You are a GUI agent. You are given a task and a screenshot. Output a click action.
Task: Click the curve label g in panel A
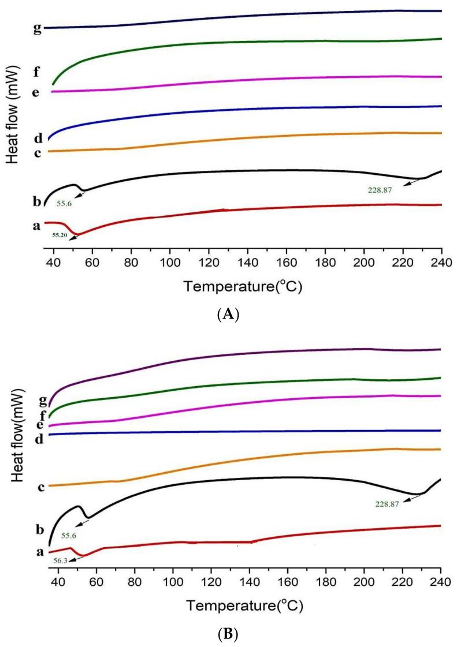(38, 28)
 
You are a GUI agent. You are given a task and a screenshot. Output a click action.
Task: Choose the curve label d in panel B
(39, 440)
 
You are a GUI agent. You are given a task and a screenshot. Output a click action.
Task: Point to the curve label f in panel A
(36, 72)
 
